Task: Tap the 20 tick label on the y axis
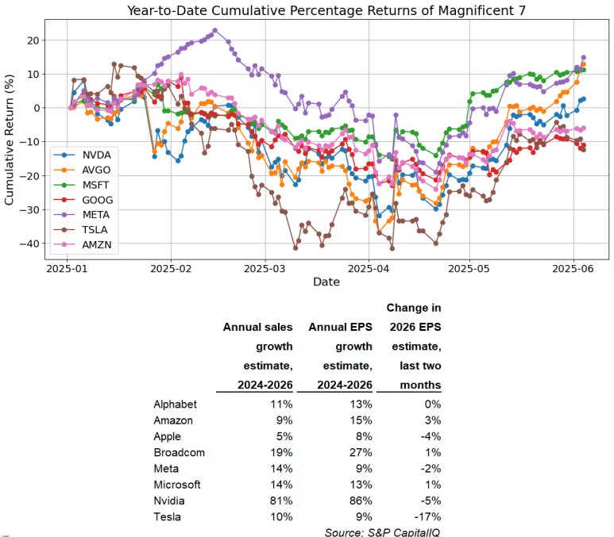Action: (33, 40)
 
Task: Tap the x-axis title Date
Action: (326, 282)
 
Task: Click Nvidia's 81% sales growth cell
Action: (281, 501)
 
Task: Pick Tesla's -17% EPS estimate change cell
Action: (427, 516)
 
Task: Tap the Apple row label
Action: (167, 436)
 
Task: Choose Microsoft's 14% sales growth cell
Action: (281, 485)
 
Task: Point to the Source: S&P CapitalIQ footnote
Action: (383, 531)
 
